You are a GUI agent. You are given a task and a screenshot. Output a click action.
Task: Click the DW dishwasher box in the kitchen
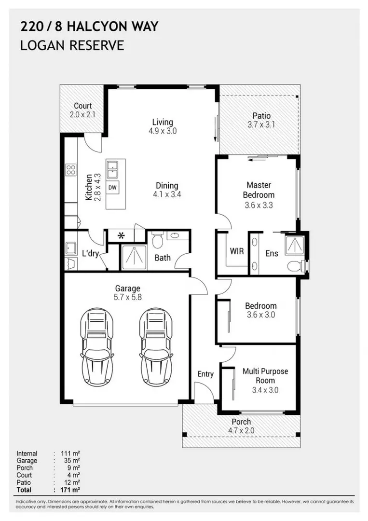(112, 187)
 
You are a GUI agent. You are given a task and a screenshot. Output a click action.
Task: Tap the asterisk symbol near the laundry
(121, 236)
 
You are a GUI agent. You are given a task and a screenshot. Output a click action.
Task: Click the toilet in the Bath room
(157, 240)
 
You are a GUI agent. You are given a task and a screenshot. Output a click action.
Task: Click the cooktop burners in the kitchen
(70, 170)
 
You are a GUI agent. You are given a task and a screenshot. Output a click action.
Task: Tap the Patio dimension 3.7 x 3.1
(261, 125)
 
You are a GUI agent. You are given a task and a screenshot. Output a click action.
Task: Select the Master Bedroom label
(259, 190)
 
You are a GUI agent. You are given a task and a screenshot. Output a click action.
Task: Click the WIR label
(237, 251)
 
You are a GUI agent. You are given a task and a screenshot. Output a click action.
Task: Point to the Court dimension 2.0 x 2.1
(82, 115)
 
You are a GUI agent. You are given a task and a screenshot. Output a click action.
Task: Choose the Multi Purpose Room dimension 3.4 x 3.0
(265, 390)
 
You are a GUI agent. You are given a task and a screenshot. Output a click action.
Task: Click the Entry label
(205, 374)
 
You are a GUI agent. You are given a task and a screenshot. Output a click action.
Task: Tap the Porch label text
(241, 422)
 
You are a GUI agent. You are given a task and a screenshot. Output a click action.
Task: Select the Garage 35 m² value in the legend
(72, 461)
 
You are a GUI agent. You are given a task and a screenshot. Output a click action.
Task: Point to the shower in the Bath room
(133, 257)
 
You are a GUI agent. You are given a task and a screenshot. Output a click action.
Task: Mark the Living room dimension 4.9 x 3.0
(163, 131)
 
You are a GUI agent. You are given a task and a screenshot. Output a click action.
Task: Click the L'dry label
(90, 254)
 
